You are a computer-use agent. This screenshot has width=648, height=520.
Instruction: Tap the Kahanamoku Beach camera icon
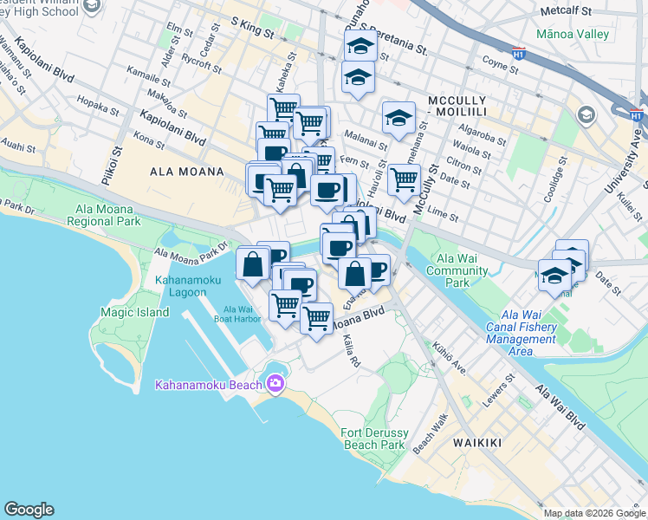click(x=275, y=383)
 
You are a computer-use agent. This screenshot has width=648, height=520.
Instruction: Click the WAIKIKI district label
click(x=476, y=443)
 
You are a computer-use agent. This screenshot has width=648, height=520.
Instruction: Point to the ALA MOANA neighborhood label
click(x=187, y=172)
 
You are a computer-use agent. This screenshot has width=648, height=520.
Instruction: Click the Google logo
click(x=29, y=510)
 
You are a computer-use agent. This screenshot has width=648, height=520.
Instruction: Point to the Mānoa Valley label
click(x=573, y=35)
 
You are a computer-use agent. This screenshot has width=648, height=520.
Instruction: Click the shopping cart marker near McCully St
click(x=403, y=180)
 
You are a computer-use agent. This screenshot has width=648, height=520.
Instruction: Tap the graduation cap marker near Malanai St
click(x=398, y=118)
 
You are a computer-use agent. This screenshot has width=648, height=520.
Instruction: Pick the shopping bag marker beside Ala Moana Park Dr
click(x=252, y=263)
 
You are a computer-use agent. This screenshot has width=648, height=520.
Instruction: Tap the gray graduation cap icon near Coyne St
click(x=586, y=115)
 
